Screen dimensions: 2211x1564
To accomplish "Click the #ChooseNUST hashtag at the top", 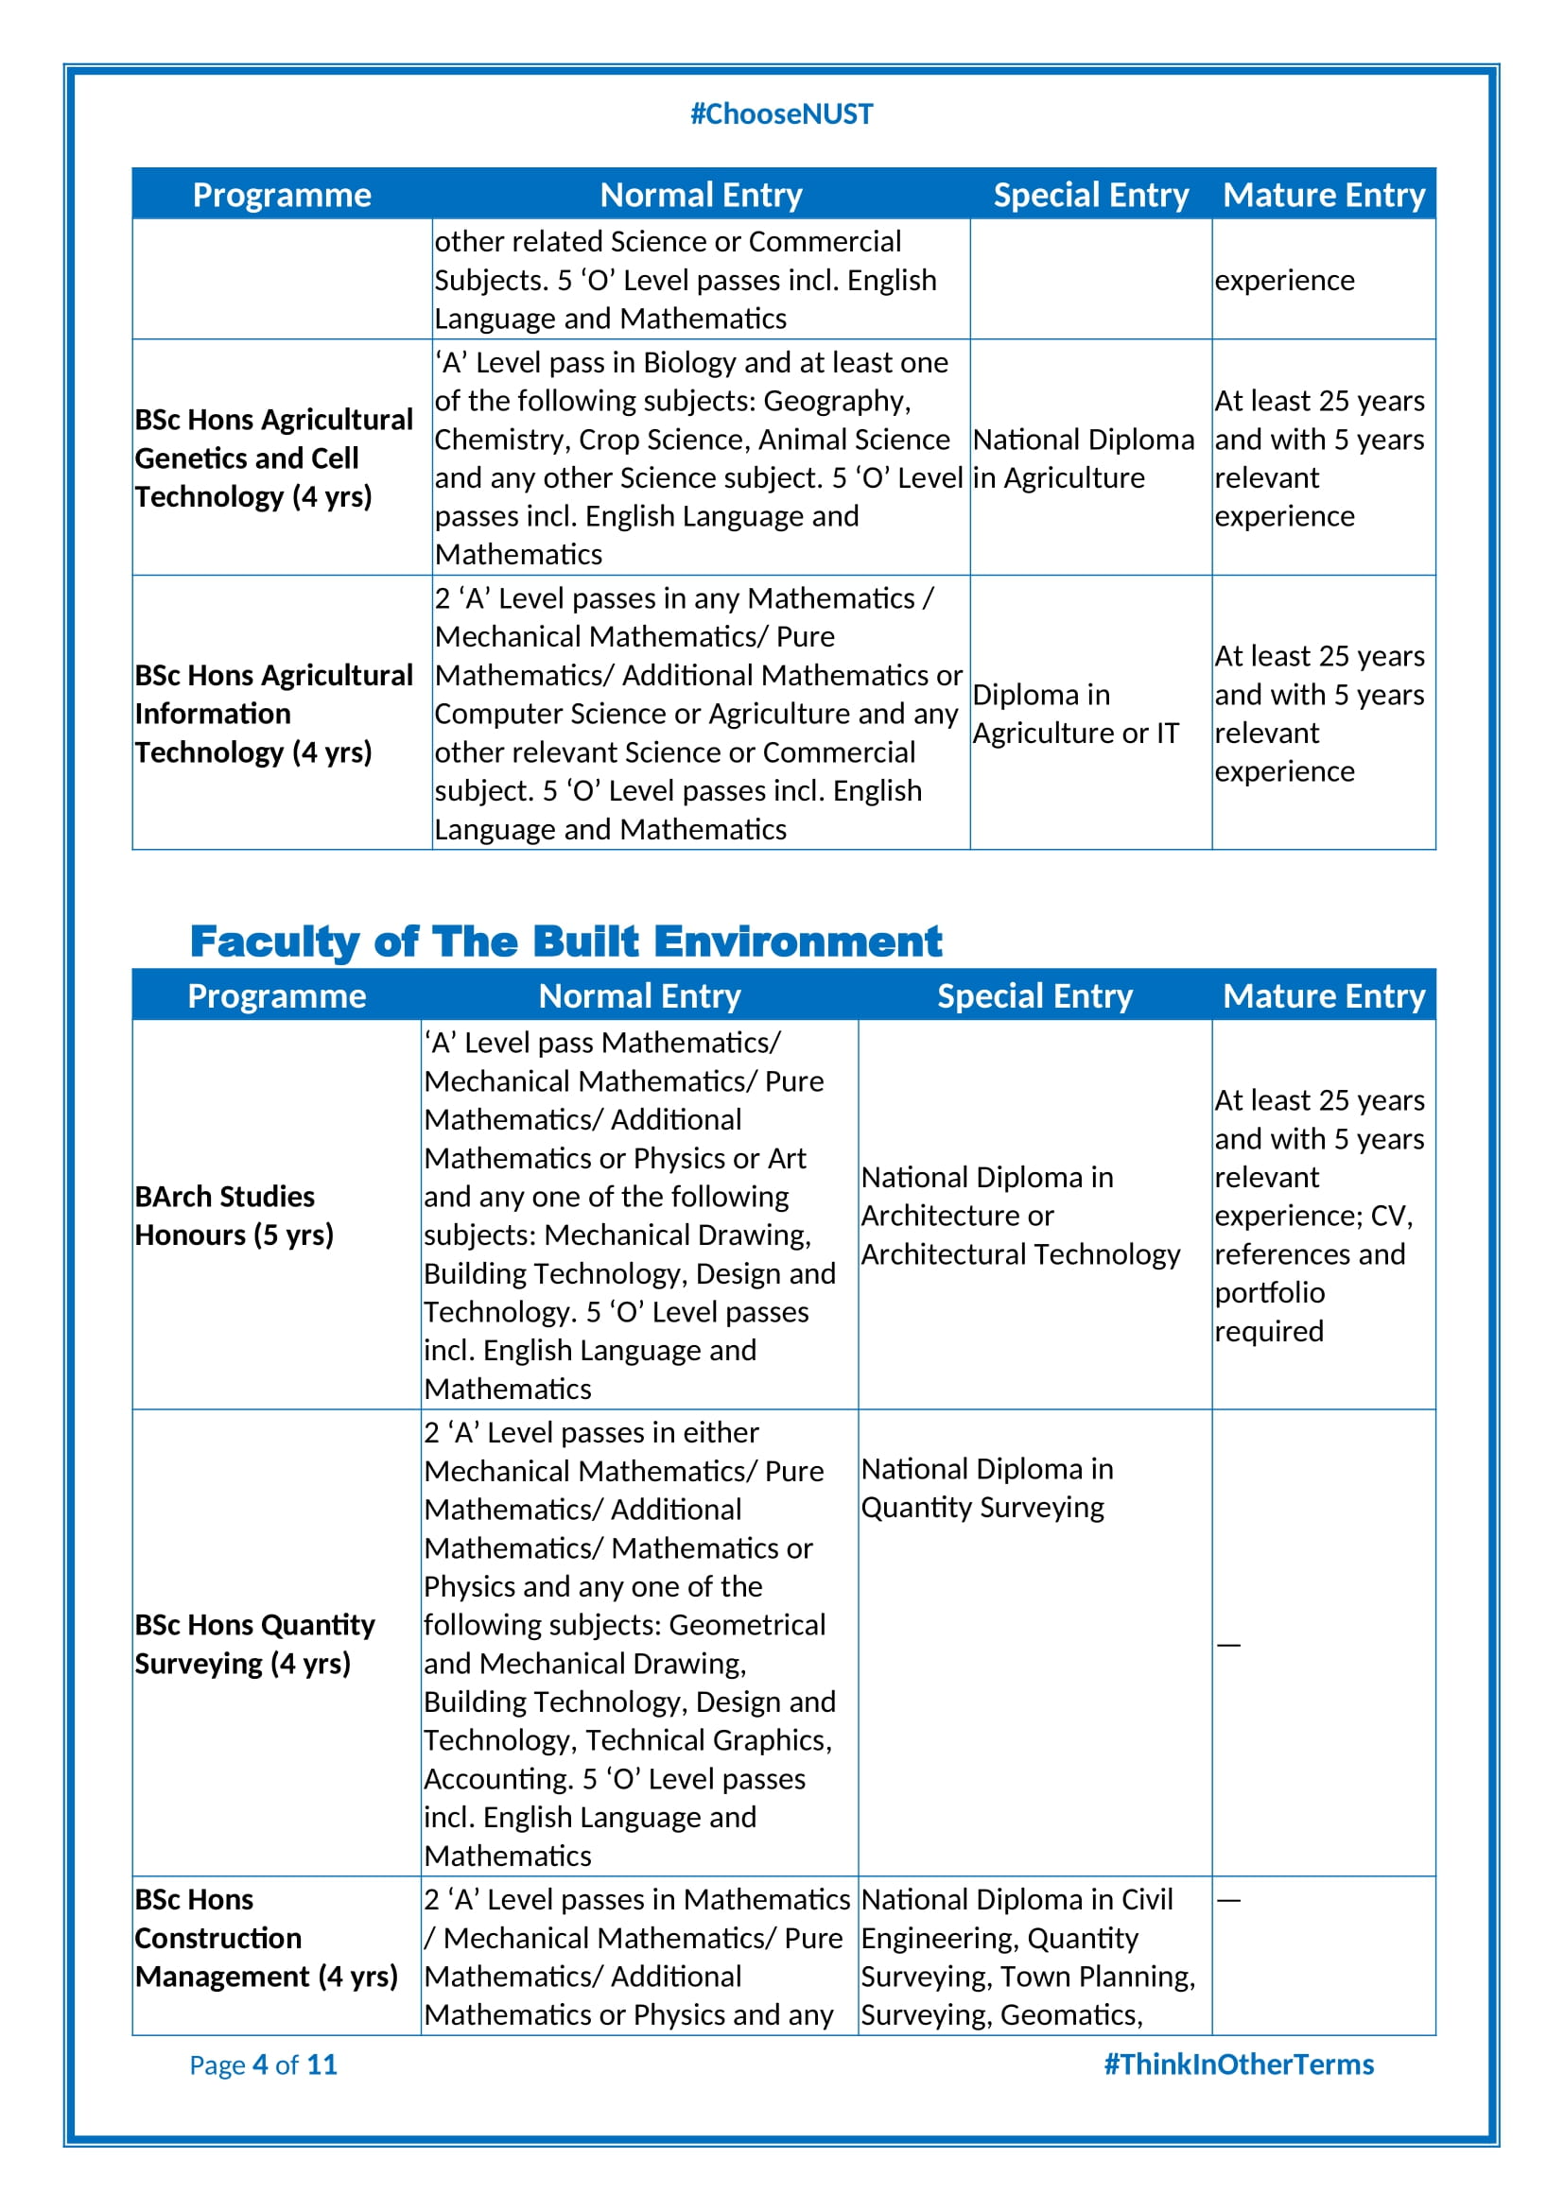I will [781, 114].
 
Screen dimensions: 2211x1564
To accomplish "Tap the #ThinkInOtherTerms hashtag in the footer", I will [1238, 2064].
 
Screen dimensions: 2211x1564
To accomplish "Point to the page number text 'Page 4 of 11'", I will [263, 2064].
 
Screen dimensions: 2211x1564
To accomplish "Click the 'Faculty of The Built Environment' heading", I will [565, 941].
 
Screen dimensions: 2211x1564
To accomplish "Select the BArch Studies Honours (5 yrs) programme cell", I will [234, 1216].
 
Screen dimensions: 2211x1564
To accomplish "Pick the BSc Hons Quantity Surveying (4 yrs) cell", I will [254, 1644].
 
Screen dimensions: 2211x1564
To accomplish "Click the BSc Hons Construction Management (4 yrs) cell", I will [266, 1938].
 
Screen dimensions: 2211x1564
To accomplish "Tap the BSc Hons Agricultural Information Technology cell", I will [273, 714].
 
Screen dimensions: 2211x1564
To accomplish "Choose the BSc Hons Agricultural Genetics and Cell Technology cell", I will [273, 458].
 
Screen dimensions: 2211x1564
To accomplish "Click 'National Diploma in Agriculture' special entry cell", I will [1083, 458].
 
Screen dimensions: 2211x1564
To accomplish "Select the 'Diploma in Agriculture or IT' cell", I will [1075, 714].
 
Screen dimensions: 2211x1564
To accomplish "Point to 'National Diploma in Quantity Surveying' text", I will [986, 1488].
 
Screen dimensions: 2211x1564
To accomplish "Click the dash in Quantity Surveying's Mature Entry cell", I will [1228, 1645].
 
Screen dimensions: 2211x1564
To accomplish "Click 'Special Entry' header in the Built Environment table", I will [1034, 995].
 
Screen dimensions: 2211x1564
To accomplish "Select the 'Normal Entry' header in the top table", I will [700, 195].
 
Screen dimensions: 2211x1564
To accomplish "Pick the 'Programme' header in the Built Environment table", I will [276, 995].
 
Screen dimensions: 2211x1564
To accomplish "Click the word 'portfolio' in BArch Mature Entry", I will [1269, 1292].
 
